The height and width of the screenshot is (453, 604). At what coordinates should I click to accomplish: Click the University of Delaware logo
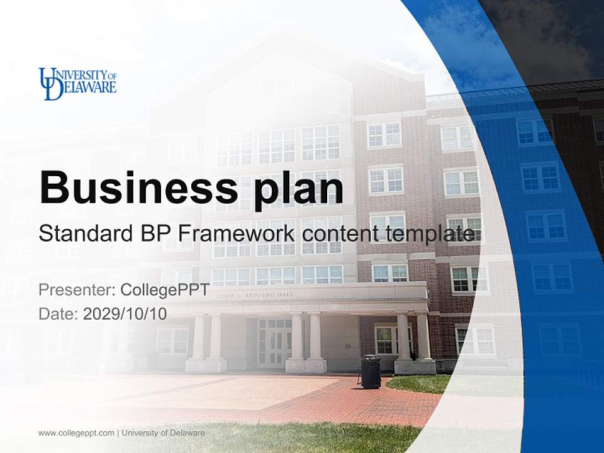[77, 83]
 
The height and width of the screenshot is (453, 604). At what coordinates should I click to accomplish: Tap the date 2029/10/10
[125, 313]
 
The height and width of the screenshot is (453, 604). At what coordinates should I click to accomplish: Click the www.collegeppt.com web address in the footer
[76, 433]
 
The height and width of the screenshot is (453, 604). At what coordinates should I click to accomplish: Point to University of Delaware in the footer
[163, 433]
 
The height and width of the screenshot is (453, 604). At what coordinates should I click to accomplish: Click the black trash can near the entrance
[370, 372]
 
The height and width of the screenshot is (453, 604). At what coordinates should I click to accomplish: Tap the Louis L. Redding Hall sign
[255, 294]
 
